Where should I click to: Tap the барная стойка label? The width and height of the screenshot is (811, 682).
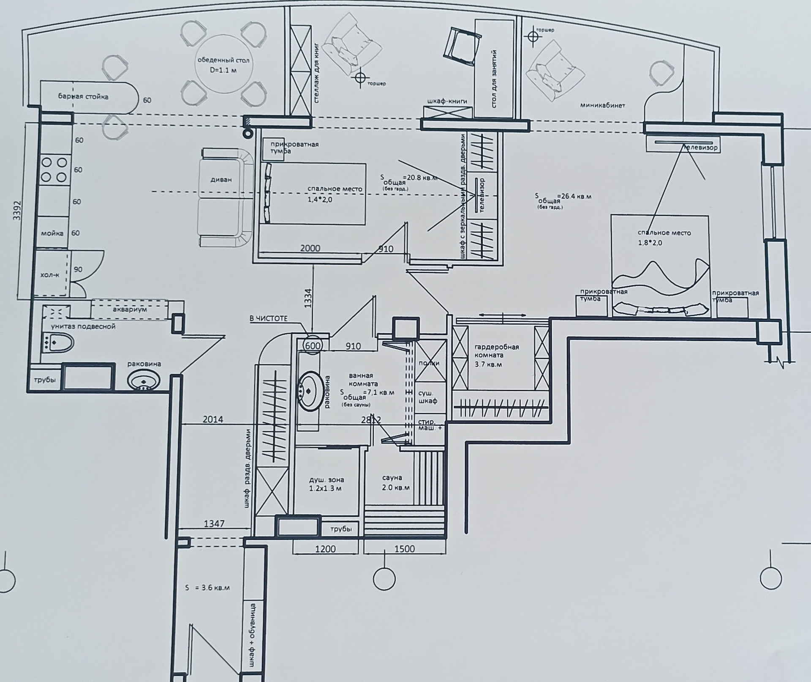(x=83, y=97)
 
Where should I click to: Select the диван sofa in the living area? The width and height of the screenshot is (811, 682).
(x=221, y=179)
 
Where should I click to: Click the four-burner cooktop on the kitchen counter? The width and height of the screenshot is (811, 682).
(x=55, y=169)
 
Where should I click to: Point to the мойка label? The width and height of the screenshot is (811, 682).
(x=52, y=233)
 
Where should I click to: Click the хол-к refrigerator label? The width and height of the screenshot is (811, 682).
(x=50, y=275)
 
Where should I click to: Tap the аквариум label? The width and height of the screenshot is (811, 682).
(x=130, y=309)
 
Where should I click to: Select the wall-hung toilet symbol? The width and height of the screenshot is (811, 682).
(x=57, y=342)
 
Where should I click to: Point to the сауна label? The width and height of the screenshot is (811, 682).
(x=392, y=478)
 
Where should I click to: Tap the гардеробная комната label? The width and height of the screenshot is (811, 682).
(x=496, y=355)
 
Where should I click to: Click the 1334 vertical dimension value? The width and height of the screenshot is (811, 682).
(x=308, y=298)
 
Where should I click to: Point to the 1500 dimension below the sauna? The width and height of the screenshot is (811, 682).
(x=404, y=549)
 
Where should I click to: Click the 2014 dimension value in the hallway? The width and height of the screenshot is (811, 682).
(x=213, y=419)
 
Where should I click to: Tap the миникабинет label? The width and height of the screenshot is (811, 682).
(x=602, y=105)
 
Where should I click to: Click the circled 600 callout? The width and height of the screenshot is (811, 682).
(x=313, y=346)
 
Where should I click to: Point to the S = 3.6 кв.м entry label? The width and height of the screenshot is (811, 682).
(x=207, y=588)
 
